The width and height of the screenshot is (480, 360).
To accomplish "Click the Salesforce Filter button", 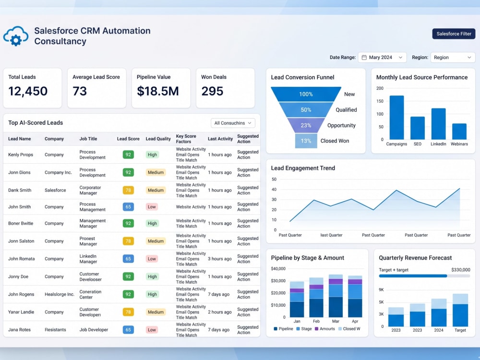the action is point(454,34).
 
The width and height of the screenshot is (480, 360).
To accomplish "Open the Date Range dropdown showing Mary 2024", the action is point(382,57).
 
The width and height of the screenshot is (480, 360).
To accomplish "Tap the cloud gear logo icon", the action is point(16,36).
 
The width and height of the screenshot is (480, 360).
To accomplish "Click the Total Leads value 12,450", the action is point(28,91).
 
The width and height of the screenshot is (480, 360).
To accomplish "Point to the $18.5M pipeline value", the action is point(157,91).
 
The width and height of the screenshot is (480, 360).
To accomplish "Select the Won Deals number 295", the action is point(212,91).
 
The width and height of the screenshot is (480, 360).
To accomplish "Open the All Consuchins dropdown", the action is point(233,123).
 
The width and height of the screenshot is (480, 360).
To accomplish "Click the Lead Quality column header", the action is point(158,139).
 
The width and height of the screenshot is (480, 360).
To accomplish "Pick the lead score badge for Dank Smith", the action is point(128,190).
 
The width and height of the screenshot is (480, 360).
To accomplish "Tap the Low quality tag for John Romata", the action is point(152,259).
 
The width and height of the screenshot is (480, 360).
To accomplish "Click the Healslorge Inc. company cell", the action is point(60,294).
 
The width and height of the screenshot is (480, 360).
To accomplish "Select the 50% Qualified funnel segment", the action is point(306,109).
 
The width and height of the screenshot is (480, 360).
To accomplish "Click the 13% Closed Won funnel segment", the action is point(306,141).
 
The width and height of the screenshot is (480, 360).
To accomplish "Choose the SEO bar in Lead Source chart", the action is point(418,128).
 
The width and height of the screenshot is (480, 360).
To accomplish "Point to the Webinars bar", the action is point(459,132).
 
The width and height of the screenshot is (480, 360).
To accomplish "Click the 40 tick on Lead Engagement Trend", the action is point(274,190).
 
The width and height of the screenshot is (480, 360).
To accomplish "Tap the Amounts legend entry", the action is point(325,329).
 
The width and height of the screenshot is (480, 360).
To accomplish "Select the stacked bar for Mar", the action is point(336,296).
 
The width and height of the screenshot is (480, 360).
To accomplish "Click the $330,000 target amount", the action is point(461,270).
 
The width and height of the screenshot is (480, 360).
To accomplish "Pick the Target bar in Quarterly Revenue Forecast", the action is point(460,310).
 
